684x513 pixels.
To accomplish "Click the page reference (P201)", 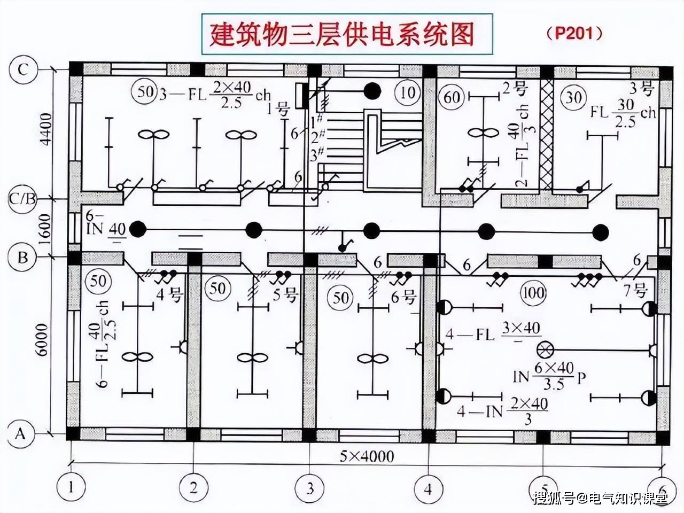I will click(574, 33).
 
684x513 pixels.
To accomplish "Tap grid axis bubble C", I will click(22, 70).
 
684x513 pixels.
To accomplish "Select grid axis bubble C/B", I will click(22, 199).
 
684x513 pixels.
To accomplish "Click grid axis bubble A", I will click(21, 433).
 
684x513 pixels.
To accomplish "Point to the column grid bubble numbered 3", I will click(310, 487).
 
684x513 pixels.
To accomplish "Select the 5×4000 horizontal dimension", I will click(367, 456).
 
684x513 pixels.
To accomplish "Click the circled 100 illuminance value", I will click(533, 292).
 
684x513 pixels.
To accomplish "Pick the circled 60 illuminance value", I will click(452, 97).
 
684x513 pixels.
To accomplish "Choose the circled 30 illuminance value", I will click(573, 97).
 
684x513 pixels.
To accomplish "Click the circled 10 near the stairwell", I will click(408, 92).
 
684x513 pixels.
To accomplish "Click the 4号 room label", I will click(169, 295).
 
